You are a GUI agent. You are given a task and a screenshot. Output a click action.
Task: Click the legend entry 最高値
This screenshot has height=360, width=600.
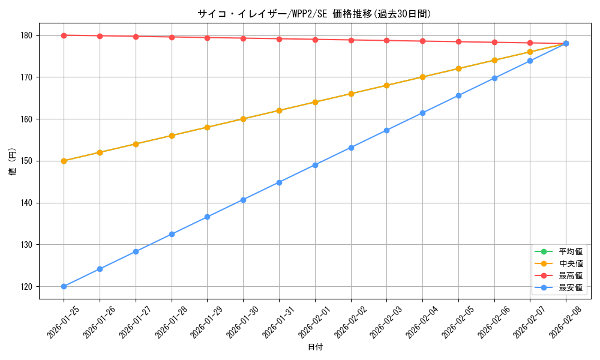(x=571, y=275)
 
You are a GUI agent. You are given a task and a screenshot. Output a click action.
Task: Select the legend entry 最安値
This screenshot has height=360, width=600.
(x=571, y=287)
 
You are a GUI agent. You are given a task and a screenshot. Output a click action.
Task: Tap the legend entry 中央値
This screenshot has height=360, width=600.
(x=571, y=263)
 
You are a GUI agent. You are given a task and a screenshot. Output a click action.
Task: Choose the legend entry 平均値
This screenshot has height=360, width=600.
(x=571, y=251)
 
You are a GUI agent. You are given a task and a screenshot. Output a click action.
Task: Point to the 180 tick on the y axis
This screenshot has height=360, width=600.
(x=28, y=35)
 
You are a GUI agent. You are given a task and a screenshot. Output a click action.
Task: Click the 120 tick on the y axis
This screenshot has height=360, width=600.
(x=28, y=286)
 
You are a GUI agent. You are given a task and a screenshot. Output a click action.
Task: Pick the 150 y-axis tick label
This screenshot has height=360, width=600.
(x=28, y=161)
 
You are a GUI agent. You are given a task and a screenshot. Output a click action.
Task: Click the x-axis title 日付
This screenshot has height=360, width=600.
(x=315, y=347)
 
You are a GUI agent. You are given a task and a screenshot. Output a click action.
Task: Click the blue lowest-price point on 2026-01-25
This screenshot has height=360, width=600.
(x=64, y=286)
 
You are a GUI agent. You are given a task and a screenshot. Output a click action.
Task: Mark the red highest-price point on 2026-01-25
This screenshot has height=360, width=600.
(x=64, y=35)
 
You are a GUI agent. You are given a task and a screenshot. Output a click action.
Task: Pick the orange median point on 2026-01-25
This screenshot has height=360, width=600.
(x=64, y=161)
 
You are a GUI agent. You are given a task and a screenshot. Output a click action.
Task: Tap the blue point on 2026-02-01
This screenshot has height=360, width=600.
(x=315, y=165)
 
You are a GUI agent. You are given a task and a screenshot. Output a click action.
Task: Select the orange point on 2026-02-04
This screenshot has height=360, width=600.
(x=422, y=77)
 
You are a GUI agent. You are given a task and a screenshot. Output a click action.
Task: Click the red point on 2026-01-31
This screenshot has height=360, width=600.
(x=279, y=39)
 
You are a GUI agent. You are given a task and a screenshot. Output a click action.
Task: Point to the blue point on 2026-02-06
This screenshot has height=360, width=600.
(x=494, y=78)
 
